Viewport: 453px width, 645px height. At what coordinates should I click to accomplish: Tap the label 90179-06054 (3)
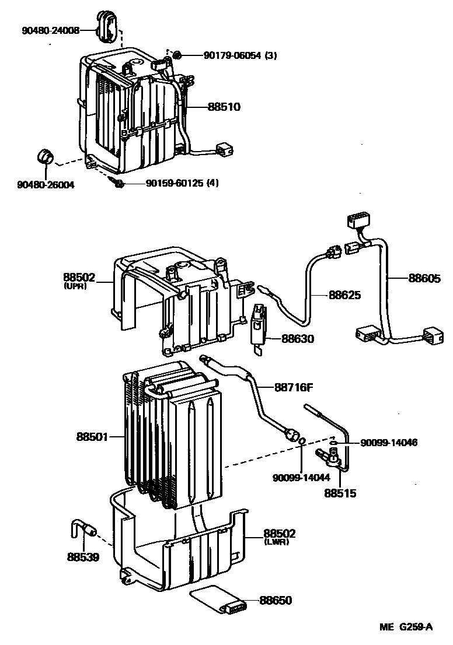pyautogui.click(x=240, y=56)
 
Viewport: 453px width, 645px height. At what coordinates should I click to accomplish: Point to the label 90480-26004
pyautogui.click(x=46, y=185)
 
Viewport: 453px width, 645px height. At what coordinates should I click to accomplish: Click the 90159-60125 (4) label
pyautogui.click(x=182, y=184)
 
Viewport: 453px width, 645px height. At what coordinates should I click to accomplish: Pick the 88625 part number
pyautogui.click(x=344, y=295)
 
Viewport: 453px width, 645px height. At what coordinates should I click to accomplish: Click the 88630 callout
pyautogui.click(x=298, y=338)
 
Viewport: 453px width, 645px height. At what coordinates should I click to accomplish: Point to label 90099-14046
pyautogui.click(x=389, y=443)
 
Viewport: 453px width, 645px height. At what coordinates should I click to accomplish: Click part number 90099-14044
pyautogui.click(x=301, y=478)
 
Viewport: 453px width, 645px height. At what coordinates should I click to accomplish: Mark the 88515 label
pyautogui.click(x=340, y=493)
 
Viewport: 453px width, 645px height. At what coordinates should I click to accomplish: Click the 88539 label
pyautogui.click(x=82, y=556)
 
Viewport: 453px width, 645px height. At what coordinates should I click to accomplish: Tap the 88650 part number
pyautogui.click(x=276, y=601)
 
